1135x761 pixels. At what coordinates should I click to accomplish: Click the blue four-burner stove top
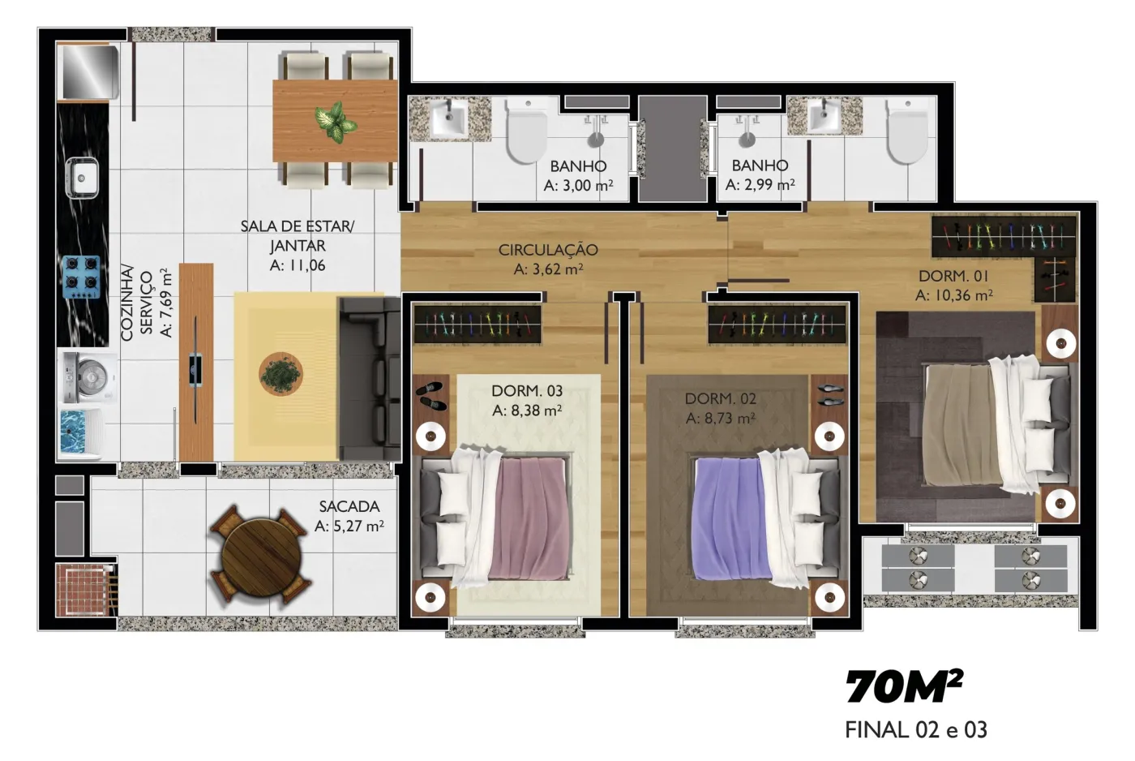81,277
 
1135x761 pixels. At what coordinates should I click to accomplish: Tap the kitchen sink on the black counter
82,177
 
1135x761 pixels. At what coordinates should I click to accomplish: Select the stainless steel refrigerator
90,72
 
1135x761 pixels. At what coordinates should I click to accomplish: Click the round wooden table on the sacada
261,557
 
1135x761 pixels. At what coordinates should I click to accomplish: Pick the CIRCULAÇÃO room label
548,250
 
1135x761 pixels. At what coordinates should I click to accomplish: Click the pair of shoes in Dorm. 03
431,396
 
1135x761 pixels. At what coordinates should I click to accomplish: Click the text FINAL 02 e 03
916,730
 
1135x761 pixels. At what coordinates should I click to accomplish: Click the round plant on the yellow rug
281,374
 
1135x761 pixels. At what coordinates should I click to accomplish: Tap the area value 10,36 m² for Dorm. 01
954,295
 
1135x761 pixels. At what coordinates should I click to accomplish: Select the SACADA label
349,506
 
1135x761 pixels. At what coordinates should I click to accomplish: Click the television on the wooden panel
196,370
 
